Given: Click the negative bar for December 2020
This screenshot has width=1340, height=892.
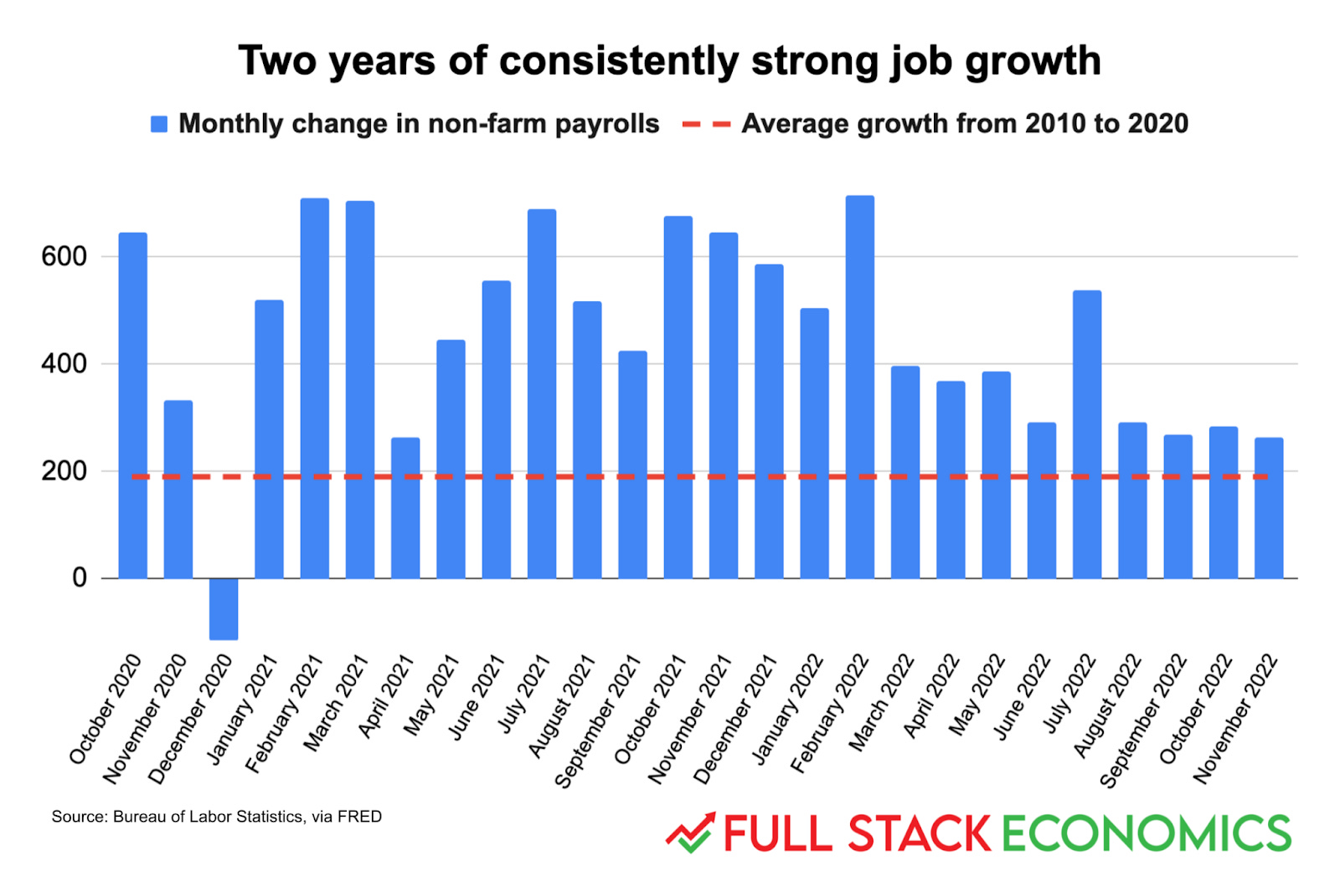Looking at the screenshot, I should [224, 608].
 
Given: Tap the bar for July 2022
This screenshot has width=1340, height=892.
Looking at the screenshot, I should [1087, 434].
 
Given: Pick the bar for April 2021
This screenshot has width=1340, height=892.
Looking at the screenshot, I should [405, 508].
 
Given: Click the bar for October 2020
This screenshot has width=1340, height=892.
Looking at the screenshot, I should [133, 405].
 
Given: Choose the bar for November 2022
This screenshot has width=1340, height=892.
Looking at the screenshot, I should [1269, 508].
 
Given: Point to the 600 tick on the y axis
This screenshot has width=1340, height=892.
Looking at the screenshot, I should [64, 257].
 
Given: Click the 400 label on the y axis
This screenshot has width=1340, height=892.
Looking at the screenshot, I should [64, 364].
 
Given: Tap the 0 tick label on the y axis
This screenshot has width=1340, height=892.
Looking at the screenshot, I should [80, 578].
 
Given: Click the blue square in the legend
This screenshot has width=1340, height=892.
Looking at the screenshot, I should [159, 124].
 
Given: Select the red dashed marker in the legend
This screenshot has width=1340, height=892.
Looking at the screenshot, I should [707, 124].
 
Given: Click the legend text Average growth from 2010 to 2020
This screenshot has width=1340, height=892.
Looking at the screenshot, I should [965, 124].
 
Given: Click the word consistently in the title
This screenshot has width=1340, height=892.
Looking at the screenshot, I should [619, 61].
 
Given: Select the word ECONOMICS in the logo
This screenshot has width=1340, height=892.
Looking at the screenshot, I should [1146, 834].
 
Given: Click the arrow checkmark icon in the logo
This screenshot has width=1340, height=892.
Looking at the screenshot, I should [691, 833].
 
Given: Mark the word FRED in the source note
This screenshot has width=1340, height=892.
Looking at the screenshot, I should [359, 817].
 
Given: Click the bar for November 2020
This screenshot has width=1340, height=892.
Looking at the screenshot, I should [178, 490].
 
